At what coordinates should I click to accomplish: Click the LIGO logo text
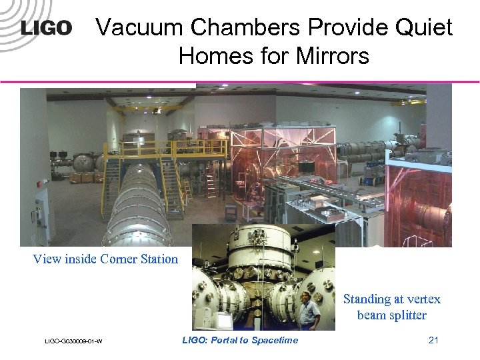pyautogui.click(x=46, y=28)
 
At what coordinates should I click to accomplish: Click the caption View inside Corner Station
pyautogui.click(x=105, y=259)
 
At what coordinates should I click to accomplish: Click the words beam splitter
pyautogui.click(x=391, y=315)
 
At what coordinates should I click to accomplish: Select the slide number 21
pyautogui.click(x=433, y=341)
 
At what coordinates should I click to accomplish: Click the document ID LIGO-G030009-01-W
pyautogui.click(x=73, y=342)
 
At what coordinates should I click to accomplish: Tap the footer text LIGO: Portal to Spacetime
pyautogui.click(x=240, y=341)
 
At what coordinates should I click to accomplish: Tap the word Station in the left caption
pyautogui.click(x=159, y=259)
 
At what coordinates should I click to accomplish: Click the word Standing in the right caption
pyautogui.click(x=367, y=299)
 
